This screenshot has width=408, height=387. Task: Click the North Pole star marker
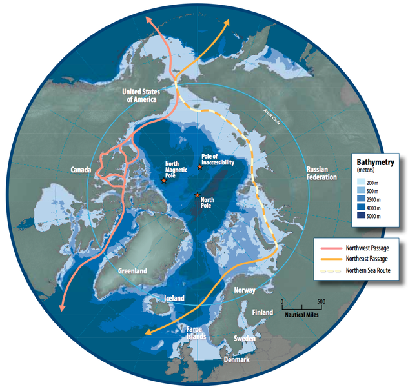pos(197,195)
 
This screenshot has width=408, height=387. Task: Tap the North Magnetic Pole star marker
pos(164,181)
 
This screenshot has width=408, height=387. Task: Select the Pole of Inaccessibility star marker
pos(199,168)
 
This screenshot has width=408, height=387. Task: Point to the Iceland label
pos(174,299)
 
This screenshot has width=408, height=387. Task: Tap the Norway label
pos(245,291)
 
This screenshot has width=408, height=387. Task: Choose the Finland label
pos(263,312)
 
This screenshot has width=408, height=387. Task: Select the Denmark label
pos(236,359)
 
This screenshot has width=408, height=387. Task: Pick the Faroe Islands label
pos(193,332)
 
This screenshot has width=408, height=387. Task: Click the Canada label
pos(82,170)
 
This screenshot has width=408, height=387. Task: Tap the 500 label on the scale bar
pos(321,301)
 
